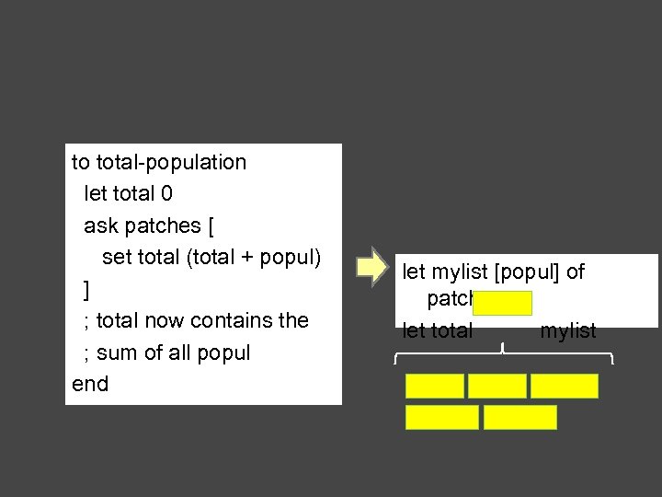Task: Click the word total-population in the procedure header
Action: click(171, 163)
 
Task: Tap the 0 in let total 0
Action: click(166, 194)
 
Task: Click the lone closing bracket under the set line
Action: click(86, 290)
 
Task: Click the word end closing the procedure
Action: click(90, 384)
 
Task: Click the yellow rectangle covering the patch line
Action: click(504, 304)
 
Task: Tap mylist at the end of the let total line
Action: click(568, 331)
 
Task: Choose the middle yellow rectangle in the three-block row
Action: click(497, 386)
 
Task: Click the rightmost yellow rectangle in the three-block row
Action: click(565, 386)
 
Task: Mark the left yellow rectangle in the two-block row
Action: click(442, 417)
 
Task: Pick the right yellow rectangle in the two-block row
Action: click(520, 417)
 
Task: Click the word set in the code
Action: click(117, 257)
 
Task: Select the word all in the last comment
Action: click(191, 353)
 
